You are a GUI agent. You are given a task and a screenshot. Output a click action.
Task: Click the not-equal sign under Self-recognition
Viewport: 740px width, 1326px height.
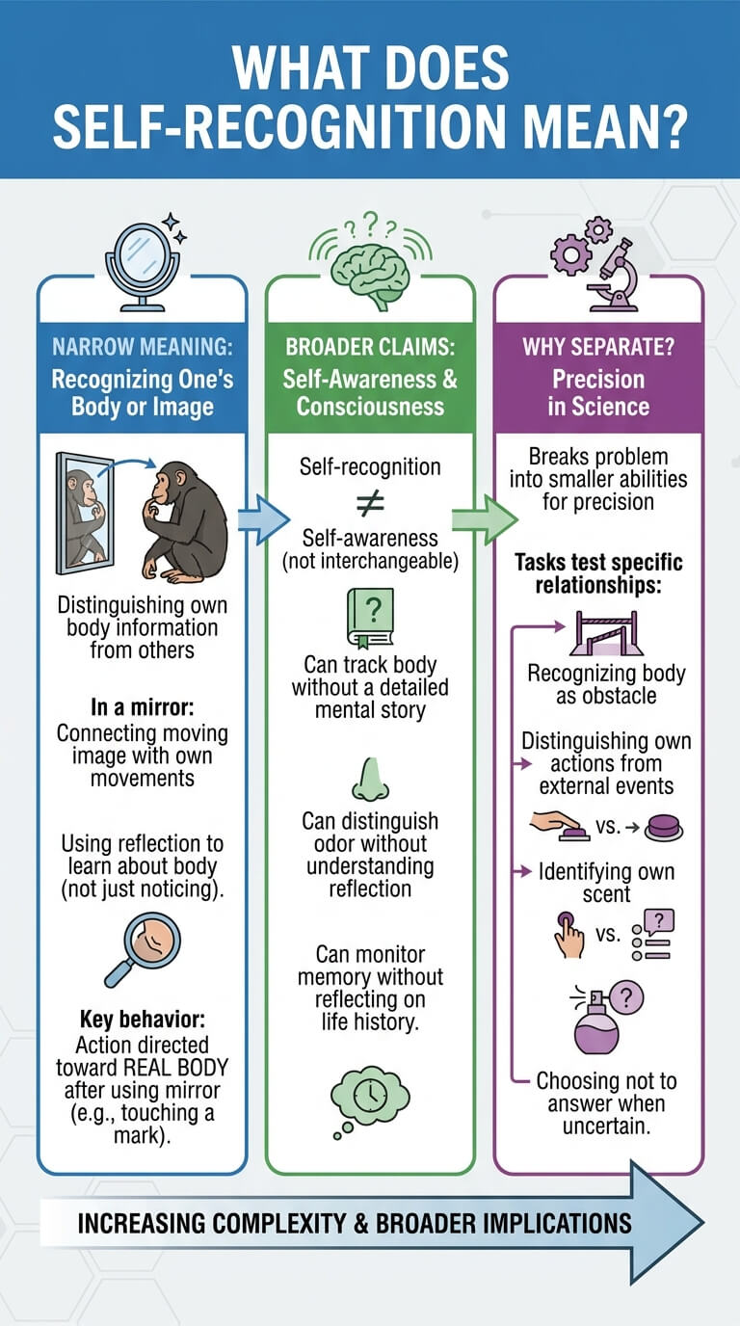tap(371, 503)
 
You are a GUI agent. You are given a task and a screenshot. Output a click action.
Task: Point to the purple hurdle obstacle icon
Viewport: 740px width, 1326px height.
tap(606, 633)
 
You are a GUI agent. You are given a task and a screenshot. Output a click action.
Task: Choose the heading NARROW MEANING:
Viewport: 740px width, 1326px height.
tap(143, 347)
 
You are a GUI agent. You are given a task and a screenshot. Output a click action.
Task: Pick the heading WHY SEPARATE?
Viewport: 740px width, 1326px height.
tap(598, 347)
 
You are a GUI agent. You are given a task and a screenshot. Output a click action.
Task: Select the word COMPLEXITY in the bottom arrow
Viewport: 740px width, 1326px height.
tap(278, 1224)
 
